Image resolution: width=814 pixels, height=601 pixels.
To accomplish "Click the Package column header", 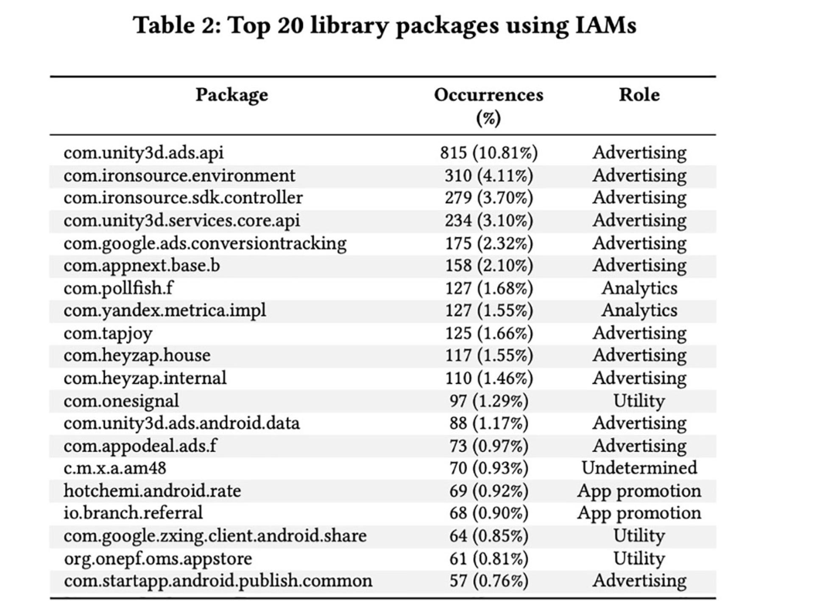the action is (x=231, y=95).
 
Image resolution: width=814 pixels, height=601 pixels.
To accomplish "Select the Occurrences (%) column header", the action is (x=488, y=106).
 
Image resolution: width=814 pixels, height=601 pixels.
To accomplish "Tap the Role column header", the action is (x=639, y=94).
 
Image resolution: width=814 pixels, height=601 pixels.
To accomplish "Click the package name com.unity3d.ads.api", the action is (x=143, y=153).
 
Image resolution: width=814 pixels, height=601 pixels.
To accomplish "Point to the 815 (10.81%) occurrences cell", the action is (x=488, y=153).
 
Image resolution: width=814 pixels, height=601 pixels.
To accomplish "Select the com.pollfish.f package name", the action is (x=118, y=288).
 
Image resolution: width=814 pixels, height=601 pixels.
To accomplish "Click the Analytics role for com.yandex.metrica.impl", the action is (x=639, y=310).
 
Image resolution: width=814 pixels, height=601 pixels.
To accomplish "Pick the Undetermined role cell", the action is (x=639, y=468).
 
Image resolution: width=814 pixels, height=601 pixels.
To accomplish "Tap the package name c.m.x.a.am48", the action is (x=115, y=468).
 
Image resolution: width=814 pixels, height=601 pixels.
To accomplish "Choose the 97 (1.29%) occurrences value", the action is (x=489, y=401).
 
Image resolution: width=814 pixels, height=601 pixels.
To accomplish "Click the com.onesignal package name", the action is (x=121, y=401).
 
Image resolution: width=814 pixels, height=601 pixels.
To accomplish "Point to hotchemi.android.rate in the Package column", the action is (x=152, y=490).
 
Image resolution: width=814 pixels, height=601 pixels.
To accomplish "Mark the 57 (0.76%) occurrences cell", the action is (x=489, y=581).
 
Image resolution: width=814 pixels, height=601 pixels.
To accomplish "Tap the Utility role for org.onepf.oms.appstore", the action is (x=639, y=559).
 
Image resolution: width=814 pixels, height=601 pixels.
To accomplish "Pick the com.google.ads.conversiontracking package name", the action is (x=205, y=244).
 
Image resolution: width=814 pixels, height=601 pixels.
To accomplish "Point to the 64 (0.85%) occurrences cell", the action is (x=489, y=536).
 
